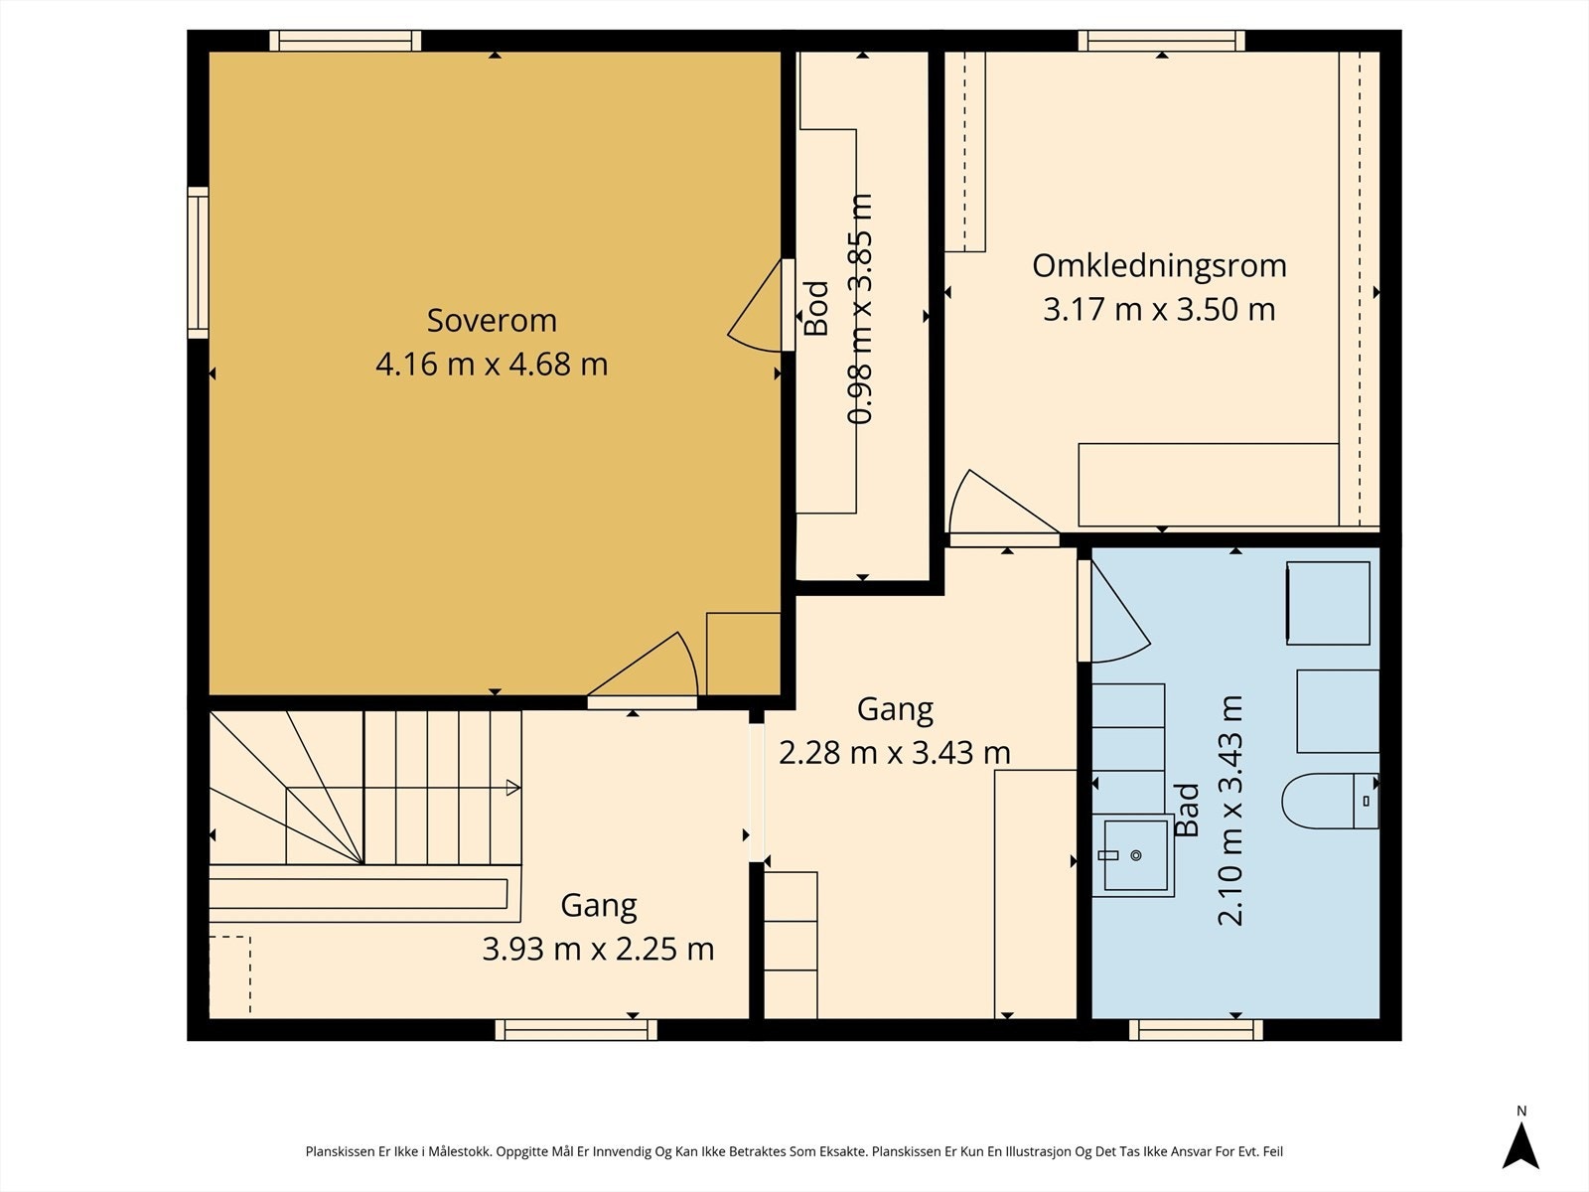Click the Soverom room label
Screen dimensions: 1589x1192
click(x=492, y=321)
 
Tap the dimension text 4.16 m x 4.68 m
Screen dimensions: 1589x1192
click(x=492, y=364)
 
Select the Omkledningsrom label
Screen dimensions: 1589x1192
click(x=1160, y=265)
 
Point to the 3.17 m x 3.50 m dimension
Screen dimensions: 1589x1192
click(x=1159, y=310)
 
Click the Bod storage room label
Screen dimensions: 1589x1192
click(x=816, y=308)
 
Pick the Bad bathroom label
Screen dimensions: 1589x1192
click(x=1187, y=811)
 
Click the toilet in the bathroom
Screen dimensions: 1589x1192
click(x=1330, y=801)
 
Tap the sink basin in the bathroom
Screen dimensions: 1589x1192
click(x=1134, y=855)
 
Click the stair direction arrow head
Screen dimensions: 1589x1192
click(x=513, y=788)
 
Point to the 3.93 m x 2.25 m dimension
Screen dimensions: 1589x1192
click(x=598, y=949)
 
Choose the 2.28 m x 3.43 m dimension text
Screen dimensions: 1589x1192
click(x=894, y=753)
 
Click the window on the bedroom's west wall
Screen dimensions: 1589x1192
click(x=198, y=262)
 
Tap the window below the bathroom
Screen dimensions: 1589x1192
click(x=1196, y=1029)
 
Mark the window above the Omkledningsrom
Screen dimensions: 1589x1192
click(x=1161, y=41)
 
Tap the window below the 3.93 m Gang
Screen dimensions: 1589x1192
click(x=576, y=1029)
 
